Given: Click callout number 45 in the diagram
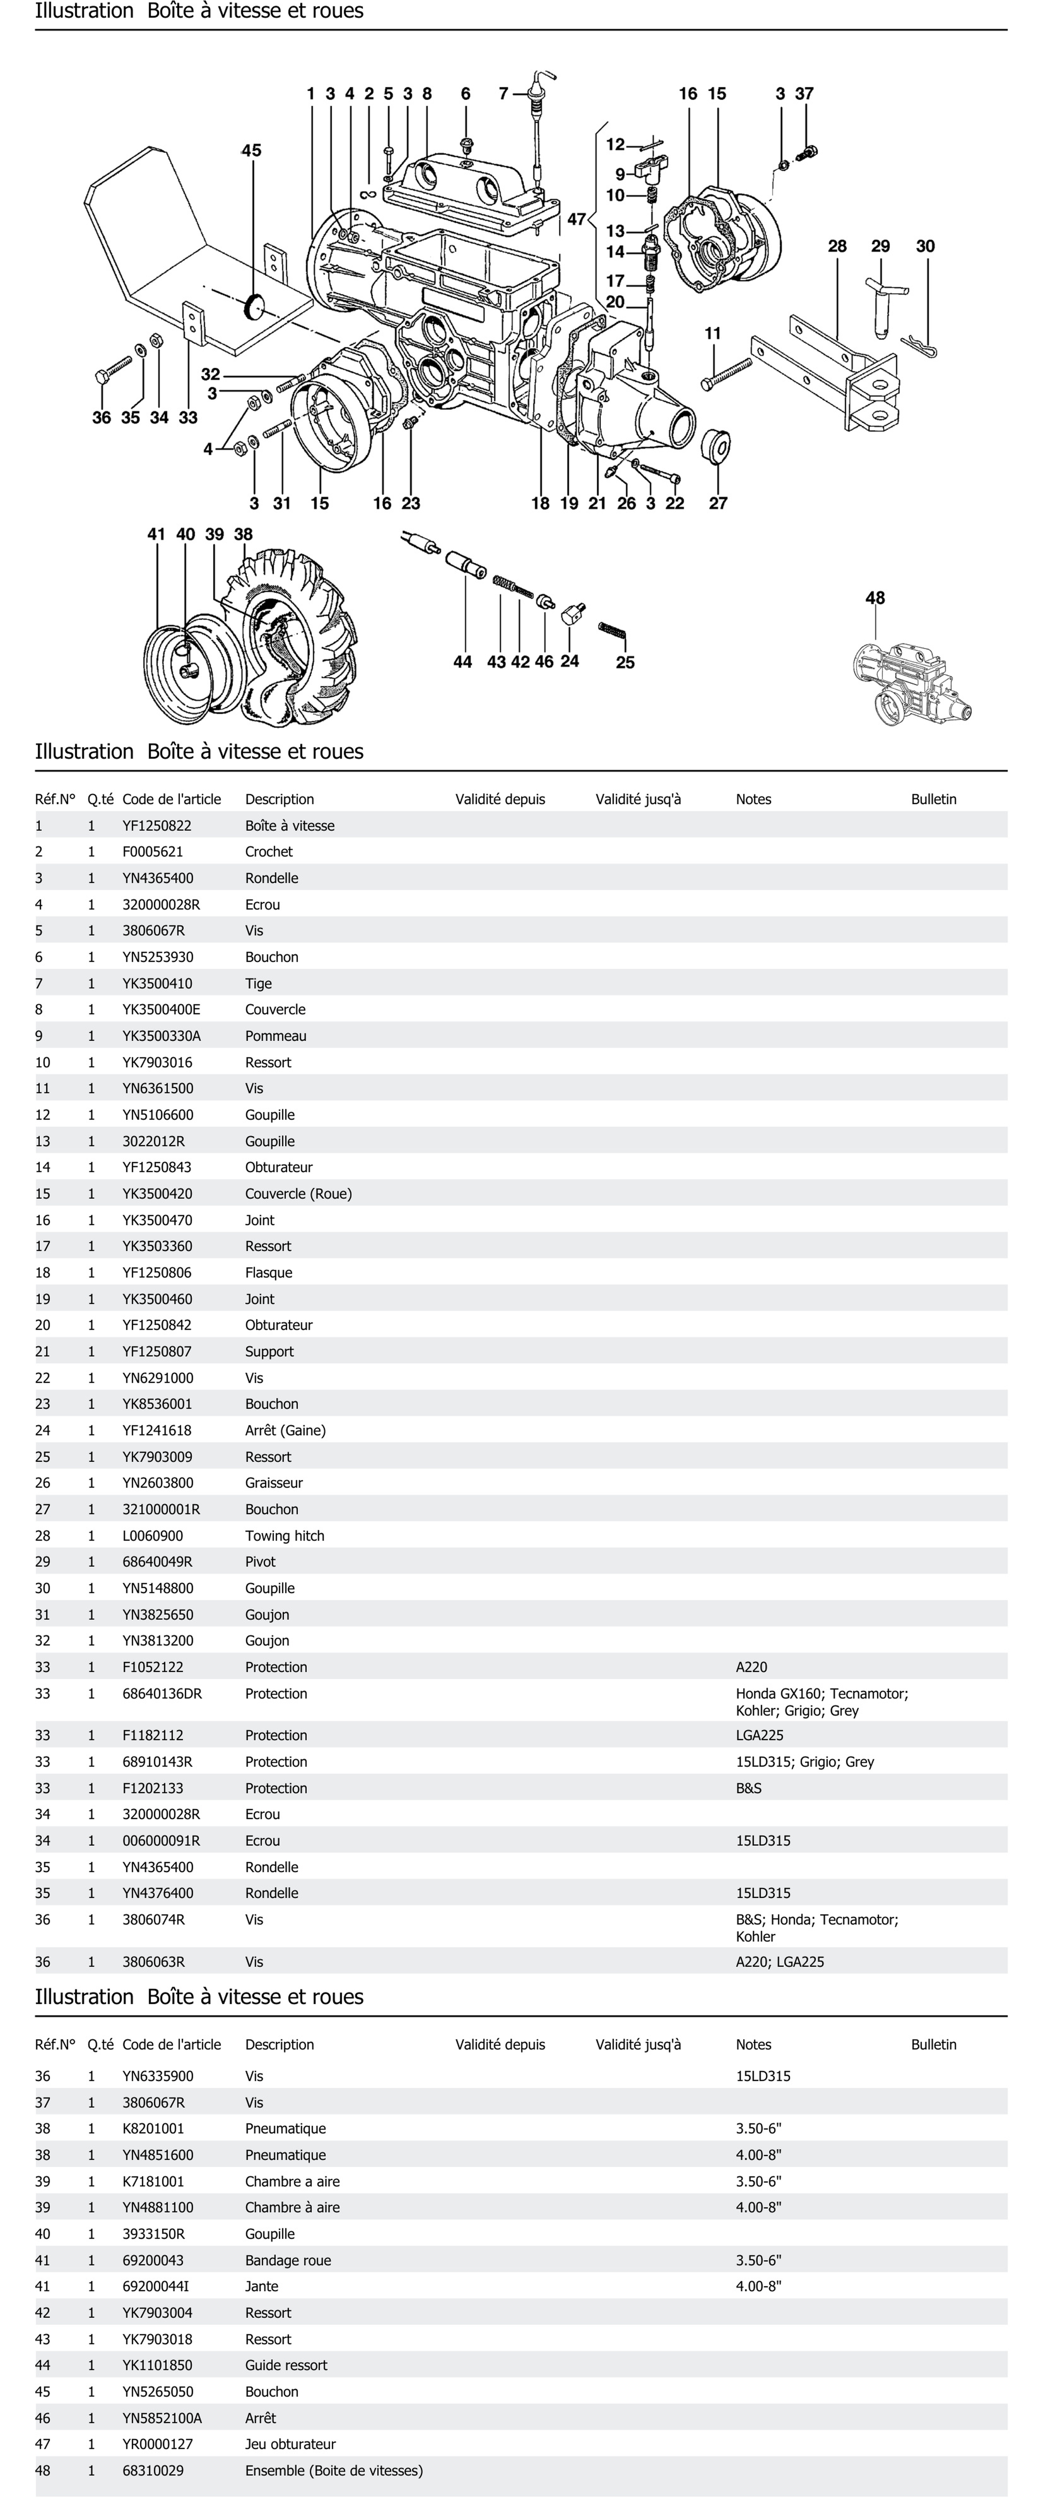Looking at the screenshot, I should pyautogui.click(x=251, y=150).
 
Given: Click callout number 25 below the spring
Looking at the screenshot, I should pyautogui.click(x=625, y=662).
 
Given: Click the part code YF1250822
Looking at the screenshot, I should pyautogui.click(x=157, y=826).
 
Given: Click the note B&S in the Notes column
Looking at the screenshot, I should pyautogui.click(x=748, y=1788).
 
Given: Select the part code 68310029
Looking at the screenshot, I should pyautogui.click(x=153, y=2470).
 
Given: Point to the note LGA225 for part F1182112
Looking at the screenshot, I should pyautogui.click(x=759, y=1735).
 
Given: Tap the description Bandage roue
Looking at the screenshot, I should pyautogui.click(x=288, y=2261).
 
